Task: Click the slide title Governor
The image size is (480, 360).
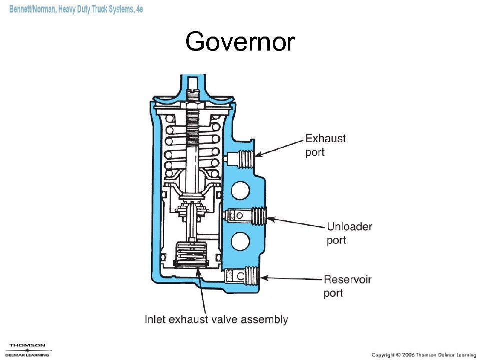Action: tap(240, 42)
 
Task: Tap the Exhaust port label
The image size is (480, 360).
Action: tap(325, 145)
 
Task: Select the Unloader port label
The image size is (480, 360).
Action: tap(349, 233)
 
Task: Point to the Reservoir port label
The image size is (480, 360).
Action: tap(347, 285)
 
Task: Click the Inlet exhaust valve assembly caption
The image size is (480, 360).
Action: tap(216, 319)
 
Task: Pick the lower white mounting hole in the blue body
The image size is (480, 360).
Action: tap(241, 242)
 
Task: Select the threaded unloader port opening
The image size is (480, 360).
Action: tap(256, 216)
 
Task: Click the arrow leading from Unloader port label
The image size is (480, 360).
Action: tap(295, 222)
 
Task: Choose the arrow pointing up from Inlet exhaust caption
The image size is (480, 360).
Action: tap(202, 290)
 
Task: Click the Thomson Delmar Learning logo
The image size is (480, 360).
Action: tap(28, 349)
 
